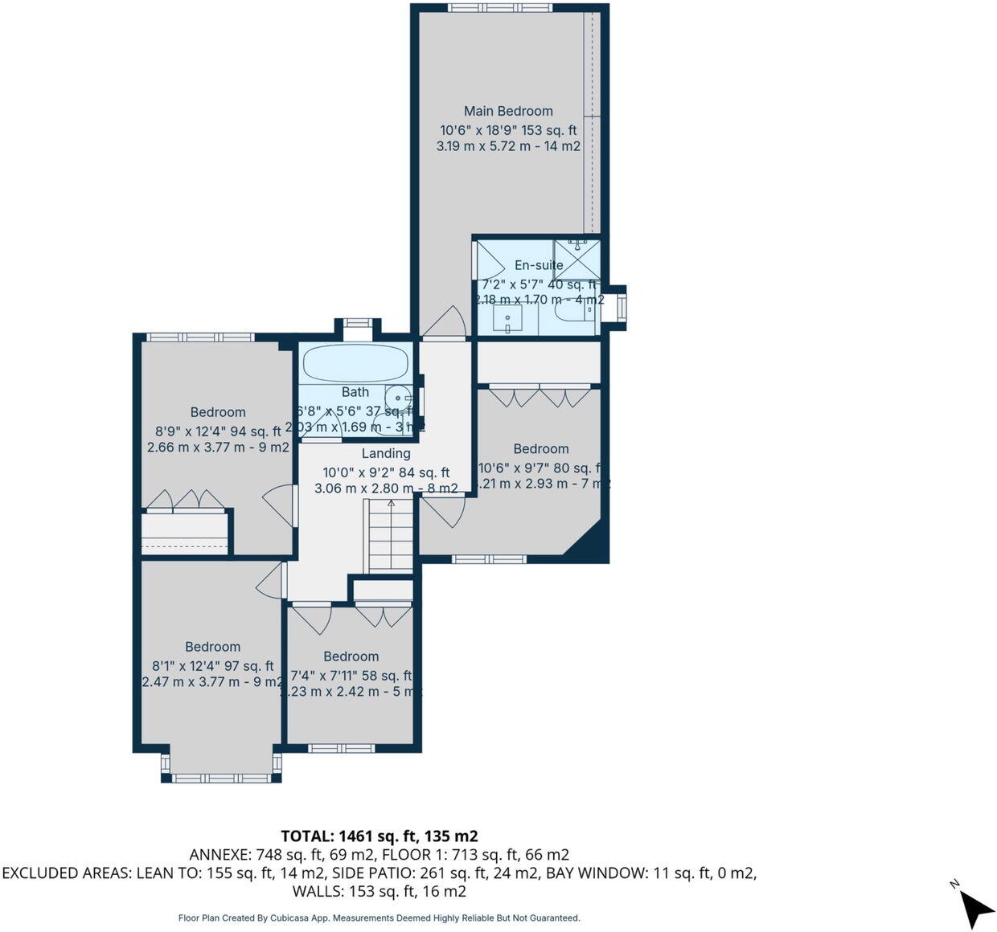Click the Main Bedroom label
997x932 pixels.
coord(508,111)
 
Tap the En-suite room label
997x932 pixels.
coord(539,265)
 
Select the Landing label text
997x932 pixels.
coord(386,453)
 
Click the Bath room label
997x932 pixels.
coord(355,392)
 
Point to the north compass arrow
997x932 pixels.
coord(975,906)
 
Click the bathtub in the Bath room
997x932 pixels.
coord(356,363)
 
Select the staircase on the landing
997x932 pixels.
coord(391,536)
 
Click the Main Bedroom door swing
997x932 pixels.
coord(445,323)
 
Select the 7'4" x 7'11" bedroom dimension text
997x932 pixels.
coord(351,676)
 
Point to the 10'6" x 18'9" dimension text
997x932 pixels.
coord(508,130)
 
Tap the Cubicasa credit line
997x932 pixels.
coord(379,918)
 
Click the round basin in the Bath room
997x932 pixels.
coord(399,398)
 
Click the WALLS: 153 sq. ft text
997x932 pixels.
coord(379,891)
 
